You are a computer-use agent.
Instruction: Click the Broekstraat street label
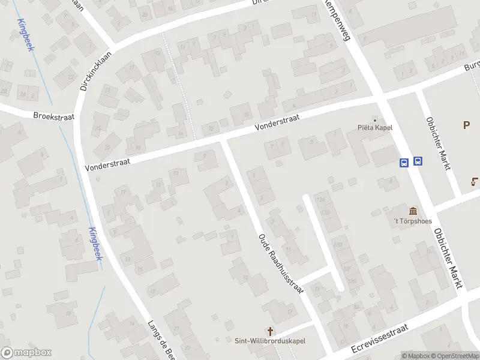53,116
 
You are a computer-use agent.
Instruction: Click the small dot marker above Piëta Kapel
376,119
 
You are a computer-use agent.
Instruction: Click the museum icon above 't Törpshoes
413,211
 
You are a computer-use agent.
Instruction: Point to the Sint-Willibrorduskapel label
271,341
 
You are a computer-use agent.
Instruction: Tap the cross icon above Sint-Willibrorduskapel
271,331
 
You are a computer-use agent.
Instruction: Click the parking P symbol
466,125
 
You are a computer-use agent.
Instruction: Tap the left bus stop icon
404,161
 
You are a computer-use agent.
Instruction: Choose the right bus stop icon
418,161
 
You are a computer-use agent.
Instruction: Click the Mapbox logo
26,353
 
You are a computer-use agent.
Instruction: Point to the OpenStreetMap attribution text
460,356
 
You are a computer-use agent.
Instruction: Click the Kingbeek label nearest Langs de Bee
95,243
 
